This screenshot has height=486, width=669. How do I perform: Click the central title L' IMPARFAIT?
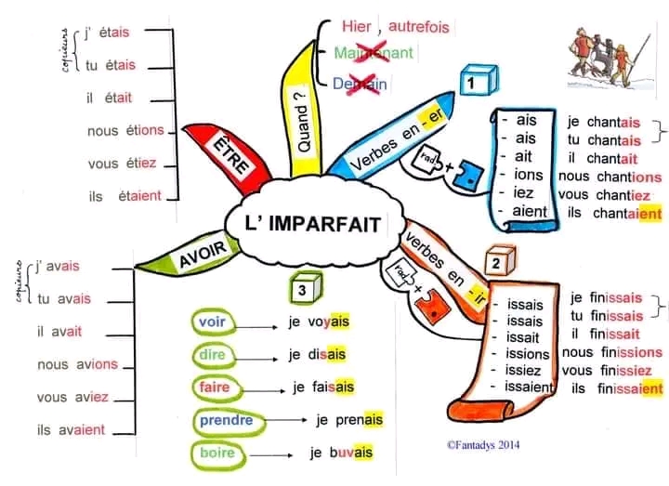[x=313, y=224]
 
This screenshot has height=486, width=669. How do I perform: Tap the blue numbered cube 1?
[x=479, y=80]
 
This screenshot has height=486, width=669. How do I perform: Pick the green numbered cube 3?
[x=306, y=288]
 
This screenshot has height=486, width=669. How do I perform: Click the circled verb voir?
[x=212, y=322]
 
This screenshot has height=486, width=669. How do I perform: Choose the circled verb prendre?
[x=227, y=421]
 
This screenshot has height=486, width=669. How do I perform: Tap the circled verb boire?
[x=217, y=453]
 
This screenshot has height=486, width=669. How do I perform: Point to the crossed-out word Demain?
[x=361, y=84]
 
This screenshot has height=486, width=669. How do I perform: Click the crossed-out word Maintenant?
[x=374, y=53]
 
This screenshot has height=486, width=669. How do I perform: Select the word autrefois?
[x=418, y=26]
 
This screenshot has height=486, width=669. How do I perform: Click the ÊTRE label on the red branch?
[x=230, y=154]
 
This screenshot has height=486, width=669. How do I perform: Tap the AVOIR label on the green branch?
[x=203, y=255]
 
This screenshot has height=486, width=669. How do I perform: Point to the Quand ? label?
[x=303, y=122]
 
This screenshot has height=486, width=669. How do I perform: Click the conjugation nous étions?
[x=125, y=130]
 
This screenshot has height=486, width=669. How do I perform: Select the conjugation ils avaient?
[x=71, y=429]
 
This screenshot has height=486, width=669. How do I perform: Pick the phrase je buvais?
[x=341, y=453]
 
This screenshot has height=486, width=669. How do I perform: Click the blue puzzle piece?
[x=468, y=176]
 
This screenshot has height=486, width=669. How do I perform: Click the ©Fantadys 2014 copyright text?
[x=483, y=445]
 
